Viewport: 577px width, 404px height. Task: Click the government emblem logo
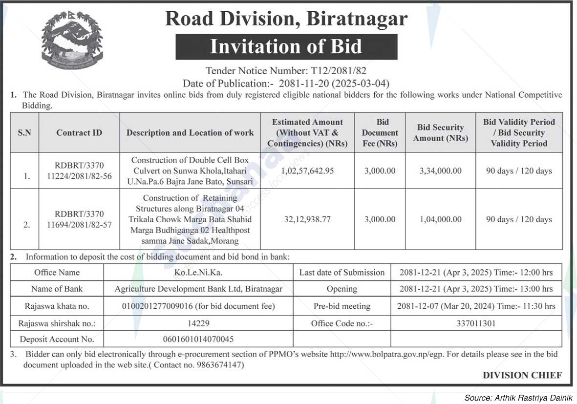point(72,40)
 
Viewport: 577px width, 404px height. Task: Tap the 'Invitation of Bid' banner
point(286,47)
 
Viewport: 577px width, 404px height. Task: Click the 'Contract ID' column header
point(79,133)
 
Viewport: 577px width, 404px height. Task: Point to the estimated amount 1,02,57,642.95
point(307,171)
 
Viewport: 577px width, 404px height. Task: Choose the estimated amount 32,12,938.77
point(307,219)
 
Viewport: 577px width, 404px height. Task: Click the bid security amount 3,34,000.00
point(440,171)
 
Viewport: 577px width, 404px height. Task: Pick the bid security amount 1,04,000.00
point(440,219)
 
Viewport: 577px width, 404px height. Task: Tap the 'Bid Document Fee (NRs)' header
point(380,133)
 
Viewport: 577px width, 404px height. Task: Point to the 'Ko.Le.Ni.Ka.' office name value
point(198,272)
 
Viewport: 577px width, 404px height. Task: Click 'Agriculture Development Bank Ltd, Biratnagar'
point(198,289)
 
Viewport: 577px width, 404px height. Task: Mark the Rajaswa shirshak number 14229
point(198,323)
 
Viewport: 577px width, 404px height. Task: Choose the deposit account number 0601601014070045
point(198,339)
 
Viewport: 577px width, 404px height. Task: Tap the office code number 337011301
point(476,323)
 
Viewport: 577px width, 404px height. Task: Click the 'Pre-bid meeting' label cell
point(342,306)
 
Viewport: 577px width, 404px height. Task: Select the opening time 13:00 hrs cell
point(476,289)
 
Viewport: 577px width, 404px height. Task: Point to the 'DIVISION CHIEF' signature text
point(522,375)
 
